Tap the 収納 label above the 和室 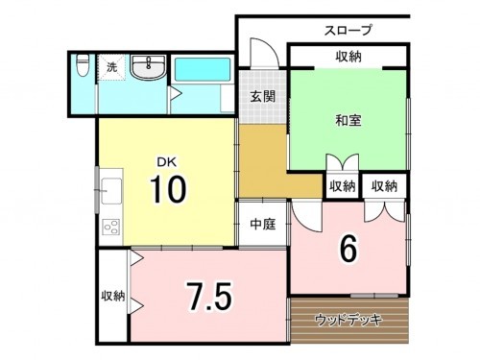348,58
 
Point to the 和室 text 348,121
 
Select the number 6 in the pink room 349,249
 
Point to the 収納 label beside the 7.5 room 111,296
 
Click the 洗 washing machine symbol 112,68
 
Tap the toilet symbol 82,67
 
